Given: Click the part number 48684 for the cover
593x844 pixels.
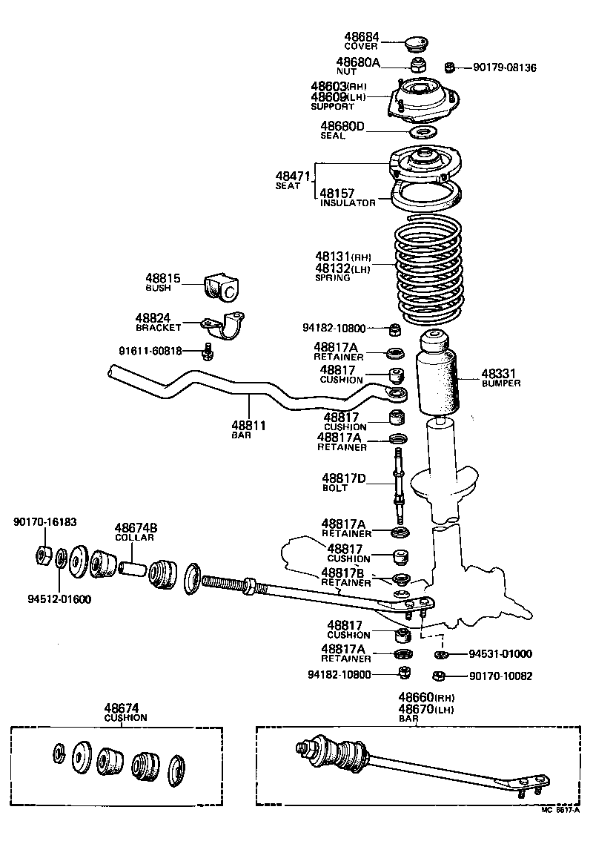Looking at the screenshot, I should [361, 36].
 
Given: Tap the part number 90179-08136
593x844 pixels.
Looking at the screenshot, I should [504, 67].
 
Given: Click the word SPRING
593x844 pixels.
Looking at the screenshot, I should [333, 278].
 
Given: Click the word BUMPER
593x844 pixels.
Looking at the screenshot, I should [501, 383].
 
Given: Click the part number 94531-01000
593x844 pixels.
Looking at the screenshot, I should [500, 654].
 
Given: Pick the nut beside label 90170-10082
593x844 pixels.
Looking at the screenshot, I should [438, 676].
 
